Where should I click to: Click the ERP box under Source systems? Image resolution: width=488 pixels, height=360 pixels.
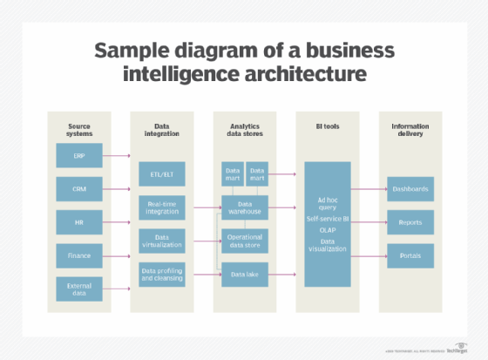[79, 156]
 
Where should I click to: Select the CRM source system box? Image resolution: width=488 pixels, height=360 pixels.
[79, 189]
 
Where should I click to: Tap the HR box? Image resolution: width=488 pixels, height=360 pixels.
[79, 222]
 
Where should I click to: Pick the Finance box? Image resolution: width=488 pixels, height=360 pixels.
[79, 255]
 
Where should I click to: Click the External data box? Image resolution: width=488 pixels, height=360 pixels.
[79, 289]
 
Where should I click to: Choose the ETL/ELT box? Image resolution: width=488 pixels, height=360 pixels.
[162, 173]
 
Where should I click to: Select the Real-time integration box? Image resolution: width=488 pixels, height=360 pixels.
[162, 207]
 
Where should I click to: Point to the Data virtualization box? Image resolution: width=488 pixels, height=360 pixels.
[162, 241]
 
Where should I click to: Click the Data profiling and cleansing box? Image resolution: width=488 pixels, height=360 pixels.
[162, 275]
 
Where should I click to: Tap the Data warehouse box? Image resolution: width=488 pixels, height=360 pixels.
[244, 207]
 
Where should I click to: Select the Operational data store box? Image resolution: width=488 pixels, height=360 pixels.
[244, 241]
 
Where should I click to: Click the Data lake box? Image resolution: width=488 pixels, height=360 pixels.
[244, 275]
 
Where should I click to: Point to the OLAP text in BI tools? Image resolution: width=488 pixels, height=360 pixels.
[327, 230]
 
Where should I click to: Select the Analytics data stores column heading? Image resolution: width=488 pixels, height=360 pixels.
[244, 131]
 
